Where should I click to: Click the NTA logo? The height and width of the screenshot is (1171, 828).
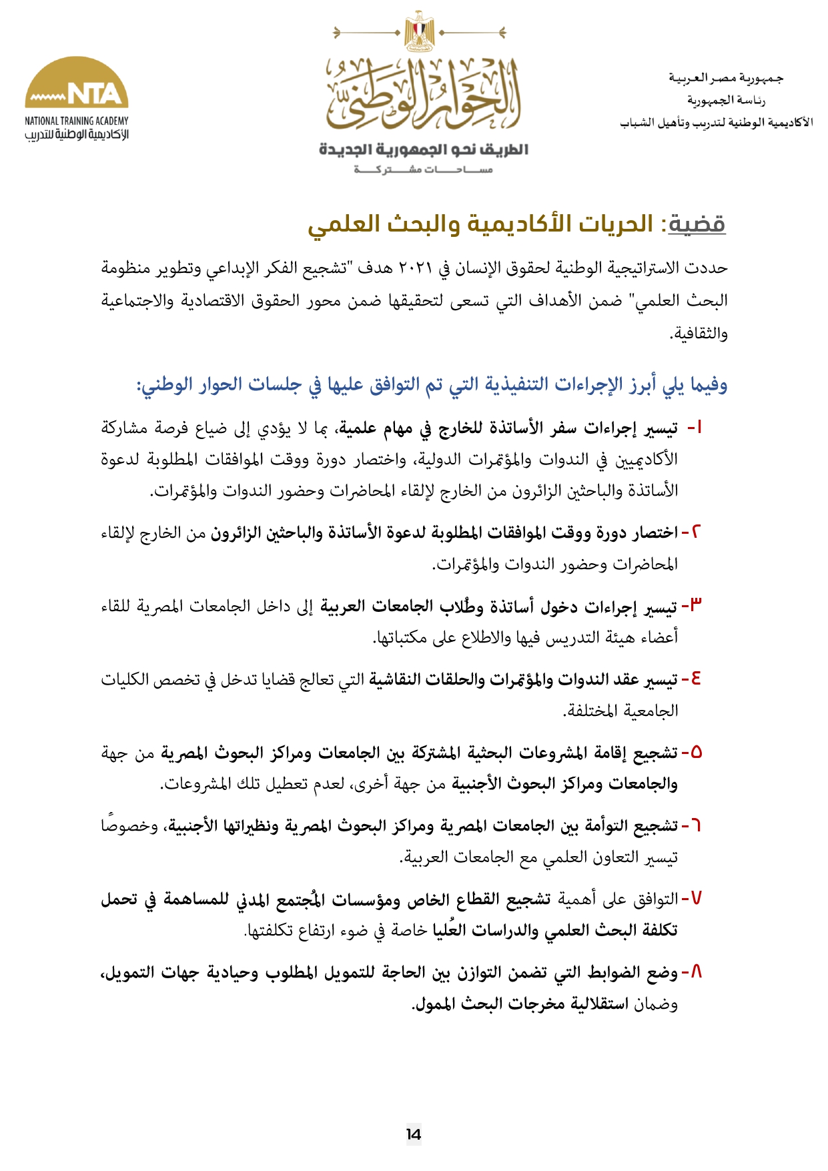coord(77,83)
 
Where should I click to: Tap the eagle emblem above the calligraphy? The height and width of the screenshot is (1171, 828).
coord(419,32)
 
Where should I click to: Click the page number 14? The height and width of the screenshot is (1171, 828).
coord(414,1134)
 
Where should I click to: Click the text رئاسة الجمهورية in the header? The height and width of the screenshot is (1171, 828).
coord(727,100)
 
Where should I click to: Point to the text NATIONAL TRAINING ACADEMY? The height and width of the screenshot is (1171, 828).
coord(77,121)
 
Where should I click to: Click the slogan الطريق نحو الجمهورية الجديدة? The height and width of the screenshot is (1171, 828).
coord(423,149)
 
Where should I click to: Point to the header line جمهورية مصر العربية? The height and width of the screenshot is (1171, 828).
coord(727,78)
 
